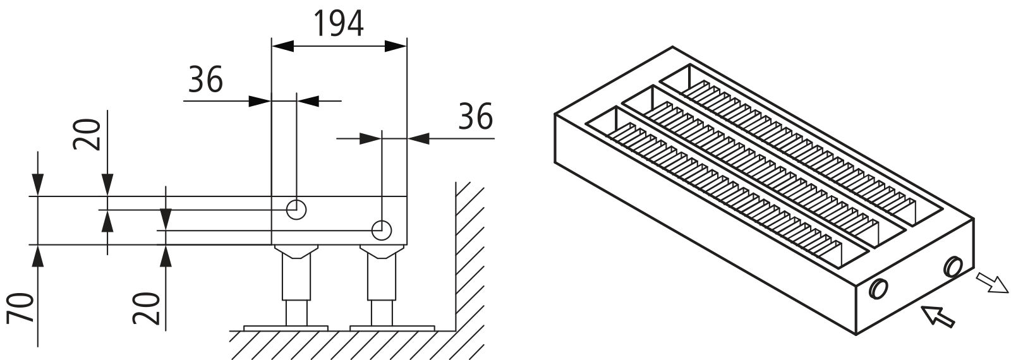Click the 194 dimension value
coord(339,23)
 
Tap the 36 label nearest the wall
coord(476,116)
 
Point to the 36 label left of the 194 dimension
coord(206,80)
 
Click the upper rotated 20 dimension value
coord(86,134)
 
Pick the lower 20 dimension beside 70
coord(146,309)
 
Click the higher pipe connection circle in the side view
coord(296,210)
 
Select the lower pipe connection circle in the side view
coord(382,230)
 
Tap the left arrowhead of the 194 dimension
coord(282,45)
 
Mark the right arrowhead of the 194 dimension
coord(396,45)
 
